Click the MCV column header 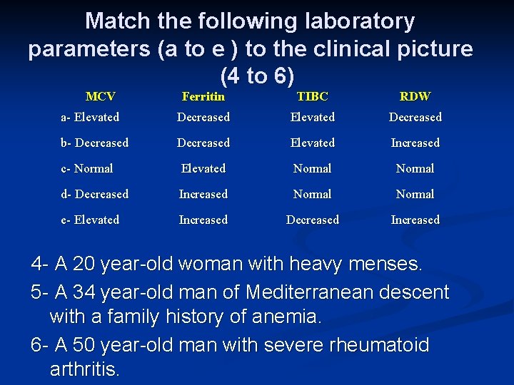100,96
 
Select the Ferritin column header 203,96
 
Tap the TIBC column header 312,96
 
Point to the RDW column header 415,96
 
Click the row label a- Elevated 89,117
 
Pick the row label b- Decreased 94,143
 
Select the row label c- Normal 86,168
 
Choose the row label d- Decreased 94,194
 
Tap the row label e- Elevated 89,220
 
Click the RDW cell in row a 415,117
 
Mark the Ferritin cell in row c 203,168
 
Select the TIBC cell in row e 312,220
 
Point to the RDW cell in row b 415,143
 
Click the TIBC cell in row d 312,194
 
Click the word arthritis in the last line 84,370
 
